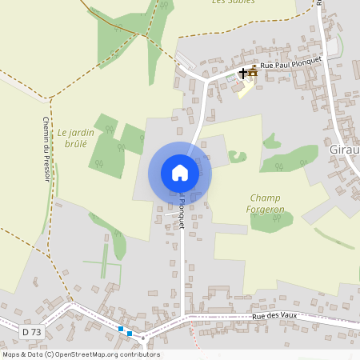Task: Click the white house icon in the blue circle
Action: tap(180, 173)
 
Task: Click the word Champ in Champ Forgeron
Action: tap(265, 198)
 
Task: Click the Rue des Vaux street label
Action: tap(275, 317)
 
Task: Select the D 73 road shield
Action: tap(30, 330)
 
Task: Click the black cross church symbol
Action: tap(243, 73)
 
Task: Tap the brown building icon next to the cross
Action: tap(253, 73)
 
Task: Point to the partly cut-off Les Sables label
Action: tap(233, 2)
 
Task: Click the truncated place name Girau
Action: tap(344, 149)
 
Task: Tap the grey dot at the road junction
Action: tap(143, 338)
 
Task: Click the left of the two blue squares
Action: tap(121, 329)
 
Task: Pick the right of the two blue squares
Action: tap(130, 333)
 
